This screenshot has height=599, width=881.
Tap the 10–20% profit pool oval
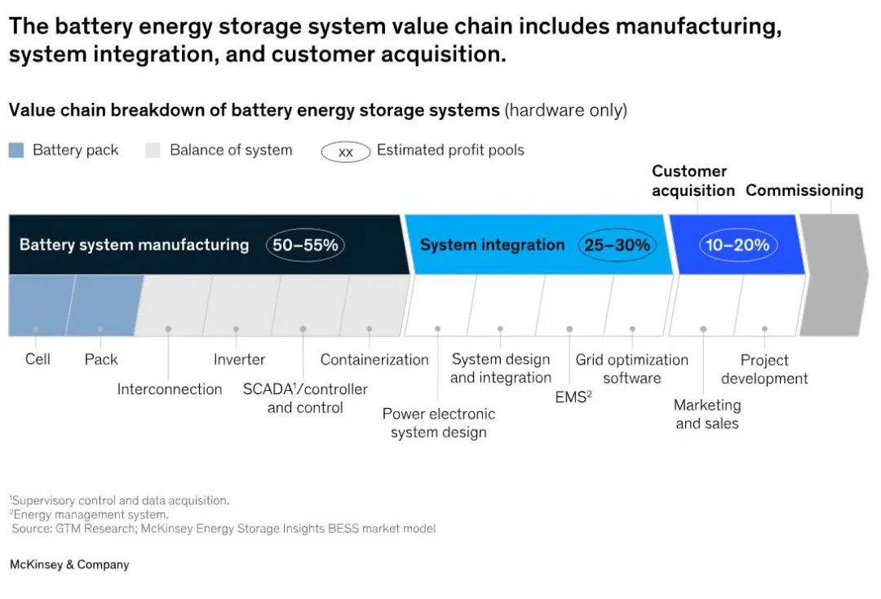pos(738,245)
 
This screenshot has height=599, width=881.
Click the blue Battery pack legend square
pos(16,150)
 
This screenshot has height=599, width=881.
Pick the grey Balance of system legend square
pos(153,150)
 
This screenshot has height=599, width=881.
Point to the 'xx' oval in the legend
pos(345,152)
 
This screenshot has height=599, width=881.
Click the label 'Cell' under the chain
pos(38,359)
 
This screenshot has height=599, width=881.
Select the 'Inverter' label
pos(239,359)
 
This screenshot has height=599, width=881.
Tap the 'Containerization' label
pos(374,359)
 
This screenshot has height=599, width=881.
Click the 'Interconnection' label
pos(169,389)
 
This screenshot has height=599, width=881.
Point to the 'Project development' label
pos(764,369)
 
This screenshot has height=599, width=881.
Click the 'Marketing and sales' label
pos(707,414)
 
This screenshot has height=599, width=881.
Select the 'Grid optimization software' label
pos(631,369)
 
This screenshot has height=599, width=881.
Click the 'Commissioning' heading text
pos(804,190)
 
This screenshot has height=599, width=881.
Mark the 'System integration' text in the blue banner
pos(492,245)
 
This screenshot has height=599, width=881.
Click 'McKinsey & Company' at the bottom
pos(69,565)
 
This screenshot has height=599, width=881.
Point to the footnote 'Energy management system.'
pos(91,515)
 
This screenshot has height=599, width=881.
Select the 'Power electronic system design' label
pos(438,423)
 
